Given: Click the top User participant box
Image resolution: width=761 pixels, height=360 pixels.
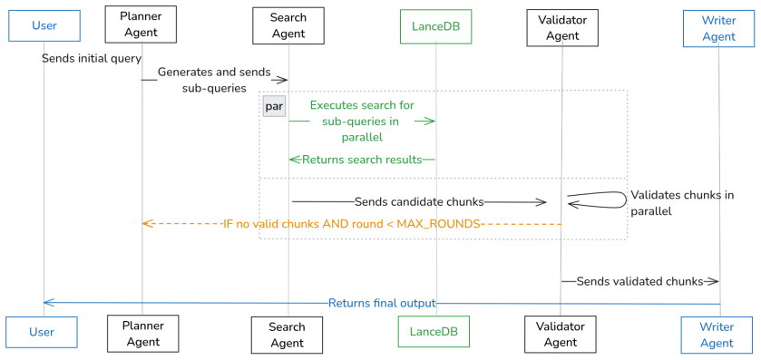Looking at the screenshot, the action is coord(44,25).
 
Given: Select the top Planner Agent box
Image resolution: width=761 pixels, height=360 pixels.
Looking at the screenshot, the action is coord(141,25).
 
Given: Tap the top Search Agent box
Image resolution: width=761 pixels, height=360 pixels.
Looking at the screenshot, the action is coord(288,25).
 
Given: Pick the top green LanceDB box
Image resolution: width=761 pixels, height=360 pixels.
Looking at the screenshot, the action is coord(435,26).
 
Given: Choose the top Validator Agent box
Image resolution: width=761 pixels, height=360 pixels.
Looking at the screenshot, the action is coord(562,27).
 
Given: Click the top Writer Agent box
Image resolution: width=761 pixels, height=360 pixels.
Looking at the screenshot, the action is coord(718,28).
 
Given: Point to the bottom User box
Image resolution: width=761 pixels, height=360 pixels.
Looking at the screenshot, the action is coord(42,333).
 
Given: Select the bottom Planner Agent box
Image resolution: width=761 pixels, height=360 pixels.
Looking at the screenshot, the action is coord(142,334).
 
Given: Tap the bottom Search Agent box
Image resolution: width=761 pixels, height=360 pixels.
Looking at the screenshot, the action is coord(287,335).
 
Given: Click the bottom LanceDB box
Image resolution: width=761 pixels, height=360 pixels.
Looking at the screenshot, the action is coord(434,331).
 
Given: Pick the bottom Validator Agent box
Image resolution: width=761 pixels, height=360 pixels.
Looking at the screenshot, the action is coord(560,334).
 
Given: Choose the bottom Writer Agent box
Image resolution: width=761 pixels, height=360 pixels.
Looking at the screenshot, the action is coord(717,336).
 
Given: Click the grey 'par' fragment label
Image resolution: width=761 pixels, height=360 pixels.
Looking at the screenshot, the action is coord(274,106).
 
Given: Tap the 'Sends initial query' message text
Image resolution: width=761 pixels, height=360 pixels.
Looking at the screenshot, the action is coord(92,59).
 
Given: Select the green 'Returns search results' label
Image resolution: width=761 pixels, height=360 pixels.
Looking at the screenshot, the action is coord(362,160).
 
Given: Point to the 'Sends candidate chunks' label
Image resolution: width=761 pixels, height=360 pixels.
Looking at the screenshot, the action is coord(419,202).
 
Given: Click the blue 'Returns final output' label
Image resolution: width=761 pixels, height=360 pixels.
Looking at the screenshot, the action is coord(382,304).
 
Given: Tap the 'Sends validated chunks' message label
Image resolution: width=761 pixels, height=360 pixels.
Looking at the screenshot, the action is coord(639,281).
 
